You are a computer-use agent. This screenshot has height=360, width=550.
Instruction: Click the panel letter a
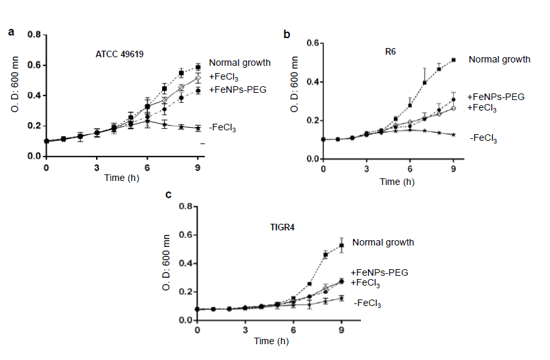point(11,31)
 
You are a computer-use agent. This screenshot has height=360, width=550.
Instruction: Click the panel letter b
point(286,34)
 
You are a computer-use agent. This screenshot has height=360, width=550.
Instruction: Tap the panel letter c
point(169,195)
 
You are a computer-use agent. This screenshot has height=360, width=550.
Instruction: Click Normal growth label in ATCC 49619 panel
point(240,63)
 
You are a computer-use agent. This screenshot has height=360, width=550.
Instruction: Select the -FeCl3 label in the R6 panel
point(483,138)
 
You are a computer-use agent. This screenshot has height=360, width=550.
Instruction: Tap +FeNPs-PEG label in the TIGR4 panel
point(380,272)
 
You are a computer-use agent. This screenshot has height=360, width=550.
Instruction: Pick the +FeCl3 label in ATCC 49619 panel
point(223,78)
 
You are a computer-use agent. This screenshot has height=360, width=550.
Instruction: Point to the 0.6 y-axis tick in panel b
point(312,43)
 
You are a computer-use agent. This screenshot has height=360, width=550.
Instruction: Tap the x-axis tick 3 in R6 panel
point(366,170)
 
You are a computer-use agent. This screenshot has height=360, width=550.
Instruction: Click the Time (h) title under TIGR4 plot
point(269,341)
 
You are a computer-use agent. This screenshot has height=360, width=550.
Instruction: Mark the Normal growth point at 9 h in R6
point(454,60)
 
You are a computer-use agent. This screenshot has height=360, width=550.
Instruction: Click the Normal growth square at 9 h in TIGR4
point(341,245)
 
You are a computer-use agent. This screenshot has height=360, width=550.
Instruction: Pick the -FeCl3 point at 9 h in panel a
point(197,128)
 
